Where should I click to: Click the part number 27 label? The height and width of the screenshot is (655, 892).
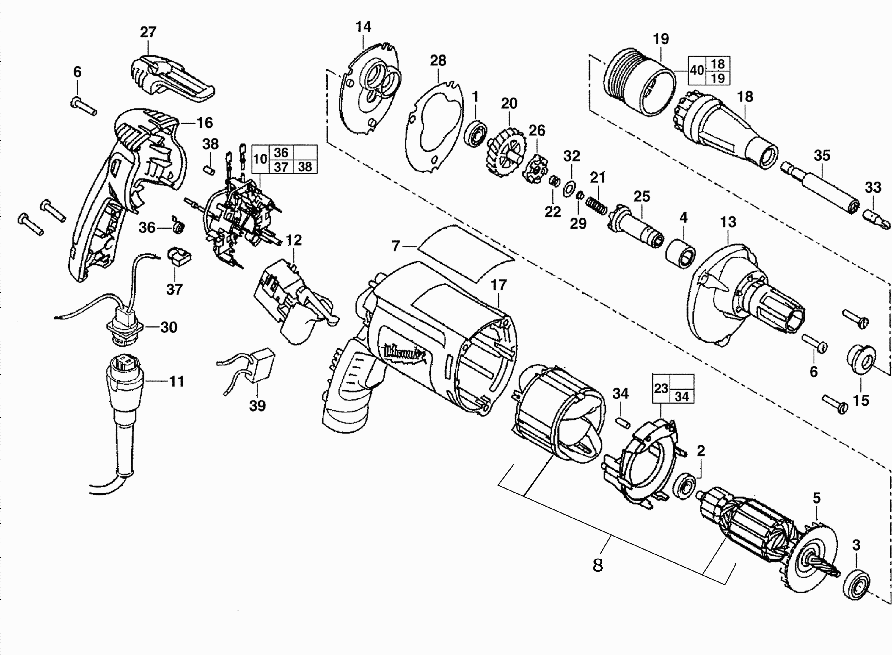(148, 32)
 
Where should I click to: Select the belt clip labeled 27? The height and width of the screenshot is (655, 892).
(170, 79)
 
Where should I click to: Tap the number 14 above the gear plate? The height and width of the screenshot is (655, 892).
(363, 27)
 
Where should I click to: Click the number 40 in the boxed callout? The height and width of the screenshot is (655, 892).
(697, 71)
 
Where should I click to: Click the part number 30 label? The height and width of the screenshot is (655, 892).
(169, 327)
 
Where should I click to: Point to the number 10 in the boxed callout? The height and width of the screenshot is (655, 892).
(260, 160)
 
